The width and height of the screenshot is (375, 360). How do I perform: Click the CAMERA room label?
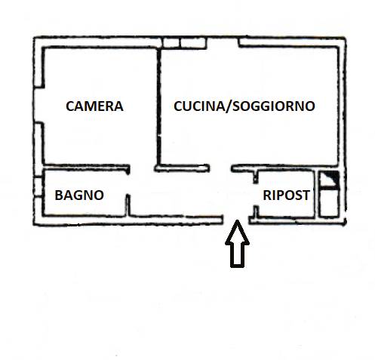click(x=94, y=106)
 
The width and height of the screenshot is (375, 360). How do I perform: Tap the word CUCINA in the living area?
click(x=199, y=106)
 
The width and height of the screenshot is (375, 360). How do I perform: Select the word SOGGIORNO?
click(x=274, y=106)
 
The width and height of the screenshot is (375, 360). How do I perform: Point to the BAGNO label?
click(x=79, y=195)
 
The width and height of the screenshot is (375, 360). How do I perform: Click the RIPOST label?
click(x=286, y=195)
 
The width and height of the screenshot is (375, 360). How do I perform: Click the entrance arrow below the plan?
click(x=237, y=244)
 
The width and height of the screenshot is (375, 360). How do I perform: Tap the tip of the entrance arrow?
click(x=237, y=220)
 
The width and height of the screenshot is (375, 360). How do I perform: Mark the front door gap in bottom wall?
click(x=236, y=220)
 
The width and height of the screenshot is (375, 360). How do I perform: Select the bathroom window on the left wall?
click(x=38, y=186)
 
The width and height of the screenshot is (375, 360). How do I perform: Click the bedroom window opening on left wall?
click(x=38, y=105)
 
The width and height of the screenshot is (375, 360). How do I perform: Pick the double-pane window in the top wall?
click(x=184, y=42)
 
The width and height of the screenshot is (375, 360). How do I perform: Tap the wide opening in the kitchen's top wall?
click(x=223, y=42)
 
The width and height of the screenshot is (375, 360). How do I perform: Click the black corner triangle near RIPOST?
click(x=332, y=177)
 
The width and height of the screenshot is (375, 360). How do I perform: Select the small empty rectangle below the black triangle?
click(x=328, y=202)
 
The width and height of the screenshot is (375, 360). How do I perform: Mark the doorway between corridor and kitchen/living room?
click(x=220, y=168)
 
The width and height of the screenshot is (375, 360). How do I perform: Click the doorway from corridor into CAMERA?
click(x=142, y=168)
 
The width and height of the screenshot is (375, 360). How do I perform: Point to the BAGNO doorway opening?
click(x=128, y=183)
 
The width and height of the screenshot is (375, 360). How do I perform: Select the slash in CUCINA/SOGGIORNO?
click(x=229, y=106)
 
